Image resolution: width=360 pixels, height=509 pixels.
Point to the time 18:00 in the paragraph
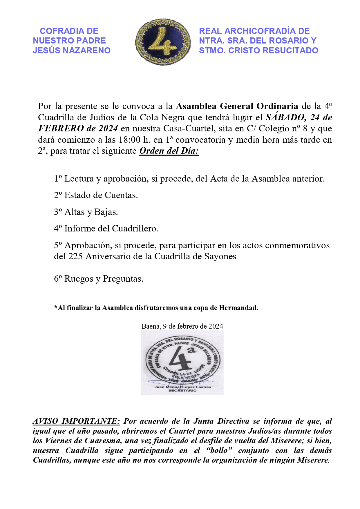[130, 140]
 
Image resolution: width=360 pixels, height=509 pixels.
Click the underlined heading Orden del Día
[169, 151]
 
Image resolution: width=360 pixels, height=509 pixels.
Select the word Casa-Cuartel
[189, 128]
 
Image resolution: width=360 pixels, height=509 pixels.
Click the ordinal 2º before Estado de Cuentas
[58, 195]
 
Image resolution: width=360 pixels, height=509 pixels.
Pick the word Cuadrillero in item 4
[135, 229]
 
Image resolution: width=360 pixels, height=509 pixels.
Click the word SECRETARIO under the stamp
[182, 390]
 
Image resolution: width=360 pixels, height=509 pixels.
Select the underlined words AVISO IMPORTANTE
[76, 421]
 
